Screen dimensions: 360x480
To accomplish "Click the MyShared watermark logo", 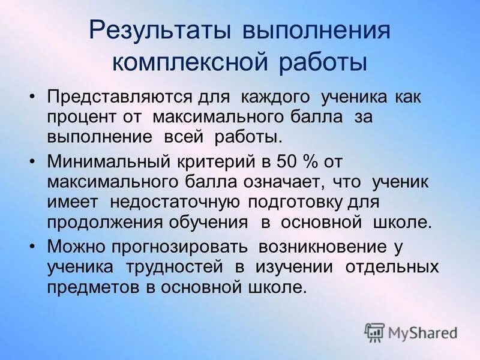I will (x=410, y=332).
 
